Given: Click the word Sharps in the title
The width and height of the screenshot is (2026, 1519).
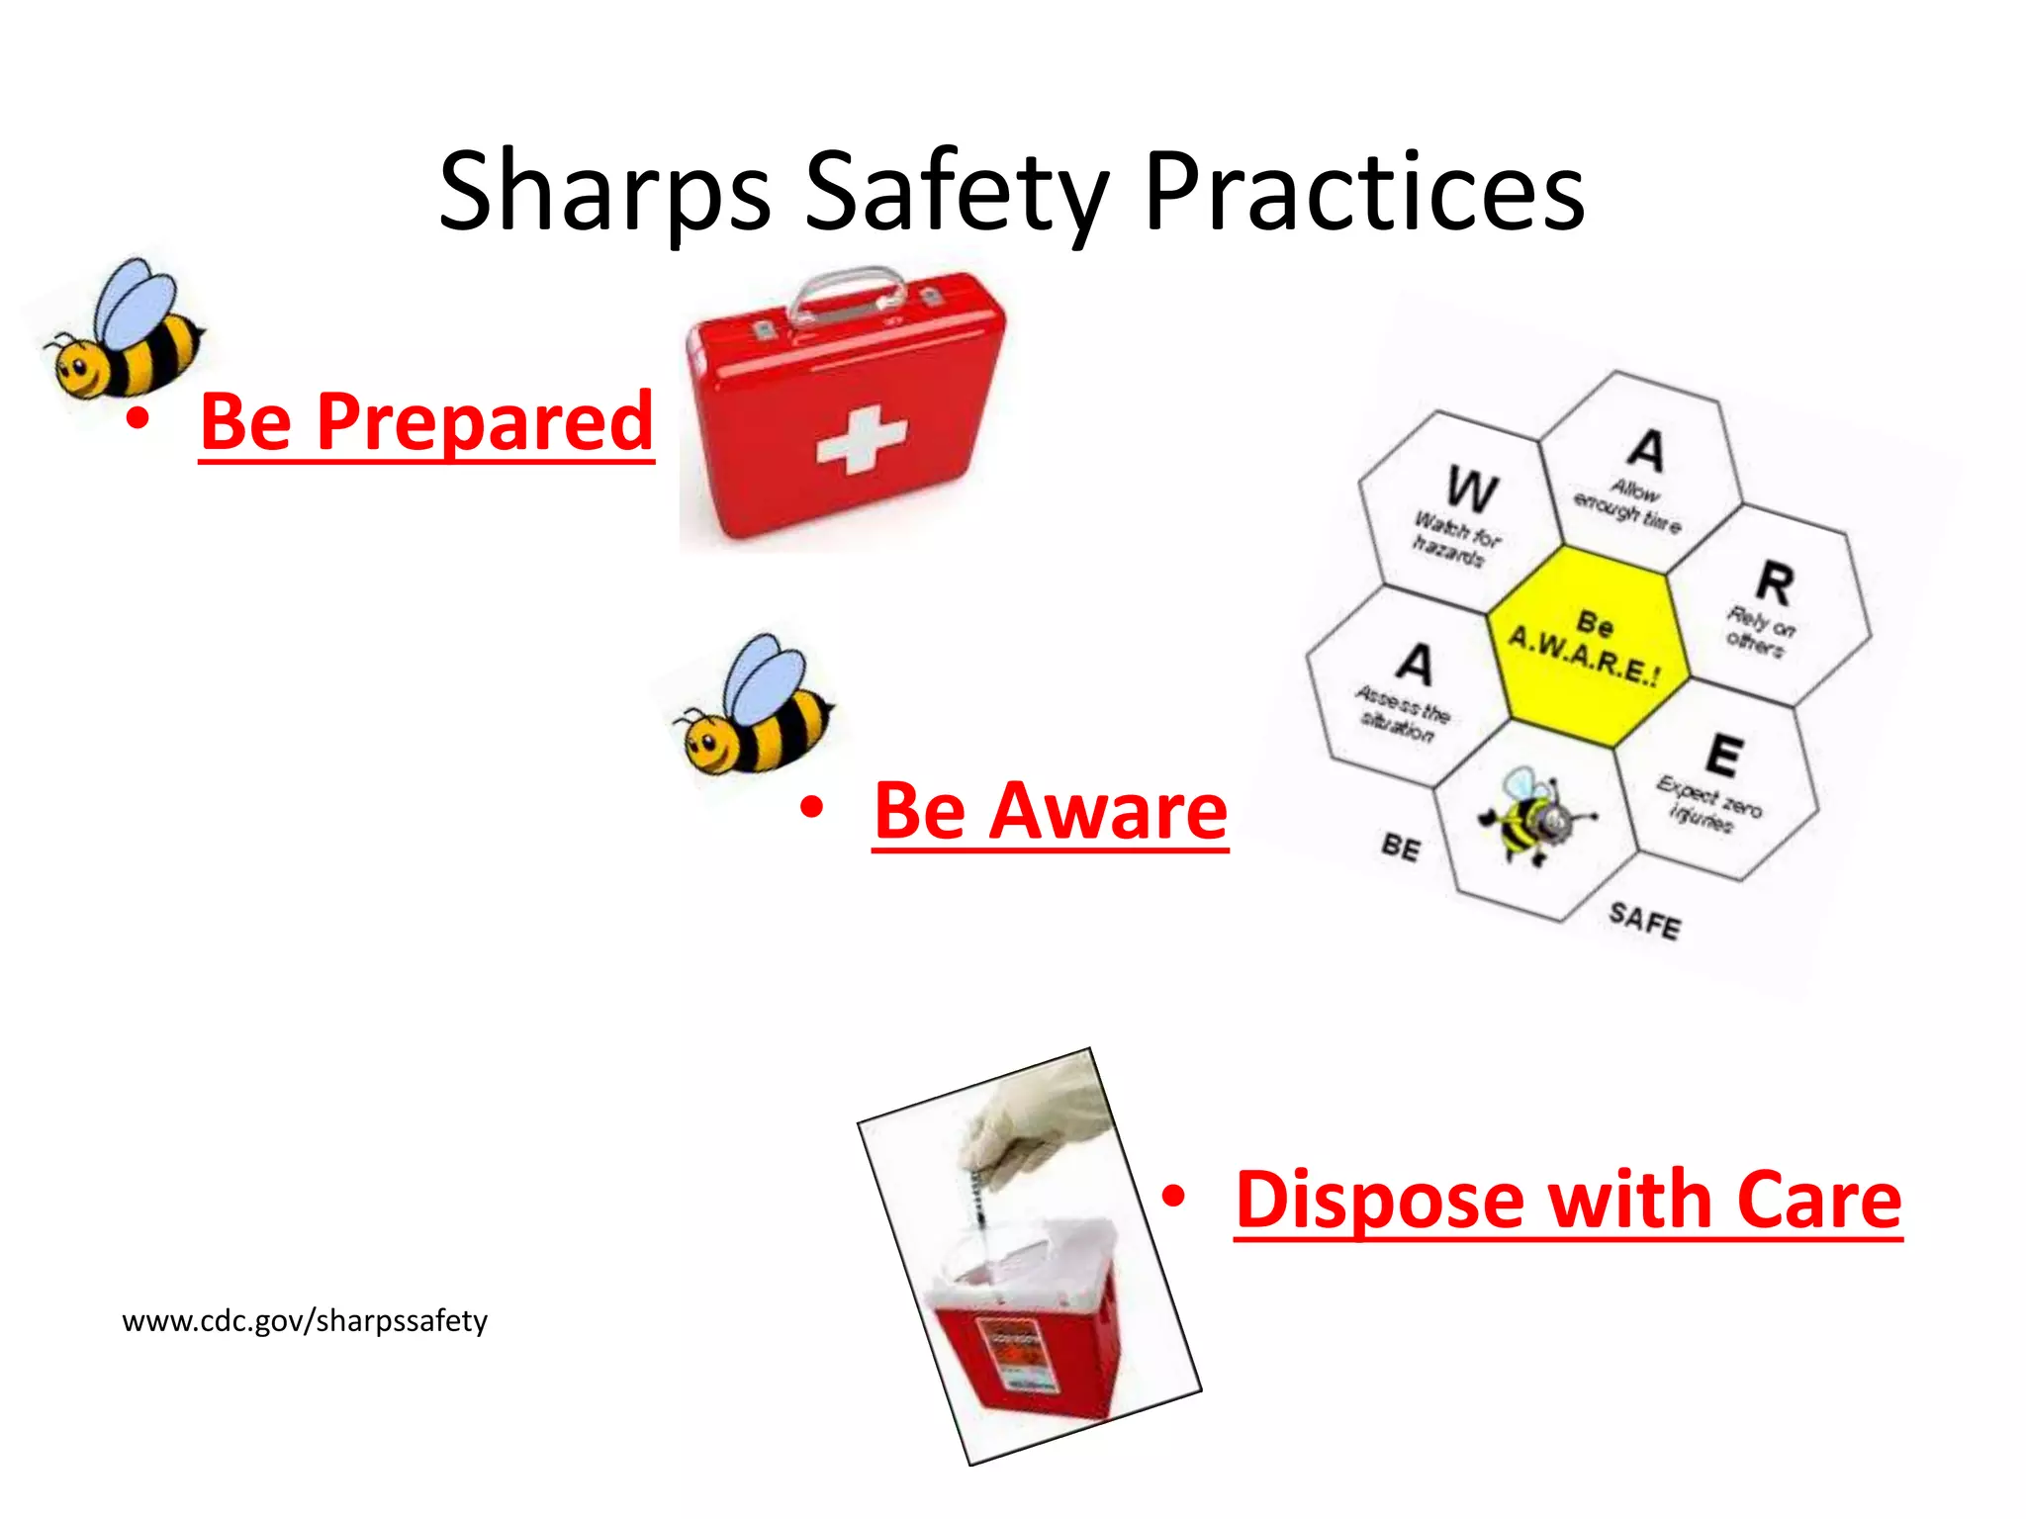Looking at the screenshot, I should point(603,193).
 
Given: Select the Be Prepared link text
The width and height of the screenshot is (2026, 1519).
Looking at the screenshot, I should point(426,422).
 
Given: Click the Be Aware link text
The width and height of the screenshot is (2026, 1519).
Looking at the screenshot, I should point(1051,812).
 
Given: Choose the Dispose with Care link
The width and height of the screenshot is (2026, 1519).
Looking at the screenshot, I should point(1568,1201).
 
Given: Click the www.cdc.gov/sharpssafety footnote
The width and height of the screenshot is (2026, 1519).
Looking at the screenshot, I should point(305,1321).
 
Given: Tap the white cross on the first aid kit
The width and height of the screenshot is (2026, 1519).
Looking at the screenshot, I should point(861,439).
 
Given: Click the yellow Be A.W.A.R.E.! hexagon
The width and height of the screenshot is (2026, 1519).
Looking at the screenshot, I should point(1587,645).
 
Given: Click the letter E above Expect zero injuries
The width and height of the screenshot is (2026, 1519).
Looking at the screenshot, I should point(1724,756).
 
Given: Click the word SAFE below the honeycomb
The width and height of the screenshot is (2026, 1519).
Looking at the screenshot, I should point(1644,922).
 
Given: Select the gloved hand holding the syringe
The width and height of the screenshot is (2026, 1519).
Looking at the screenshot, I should point(1039,1127).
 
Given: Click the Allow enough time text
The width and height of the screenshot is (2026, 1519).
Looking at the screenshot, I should point(1627,504).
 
